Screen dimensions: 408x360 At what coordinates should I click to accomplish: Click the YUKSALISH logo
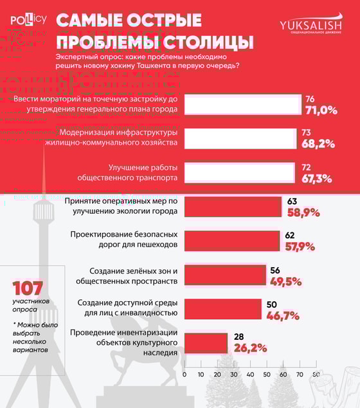click(310, 25)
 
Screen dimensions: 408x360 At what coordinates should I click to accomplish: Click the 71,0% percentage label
click(321, 110)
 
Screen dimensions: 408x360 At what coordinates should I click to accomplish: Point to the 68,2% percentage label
click(318, 144)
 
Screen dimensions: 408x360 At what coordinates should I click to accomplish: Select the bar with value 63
click(232, 207)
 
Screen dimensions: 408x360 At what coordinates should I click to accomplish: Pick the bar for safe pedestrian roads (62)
click(231, 241)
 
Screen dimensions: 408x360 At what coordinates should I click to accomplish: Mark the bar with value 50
click(223, 309)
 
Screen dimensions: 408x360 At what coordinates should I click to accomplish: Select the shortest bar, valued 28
click(206, 343)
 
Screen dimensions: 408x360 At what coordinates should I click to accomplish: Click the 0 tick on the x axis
click(184, 374)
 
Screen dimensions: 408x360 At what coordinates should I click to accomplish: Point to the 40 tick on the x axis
click(250, 374)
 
